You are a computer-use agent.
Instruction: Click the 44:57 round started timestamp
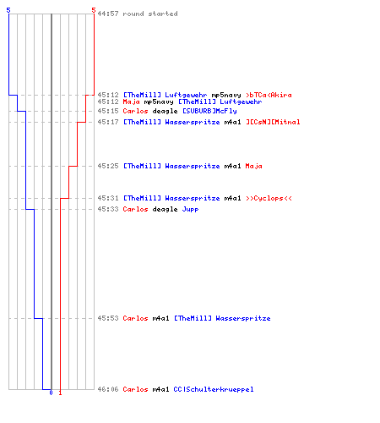pyautogui.click(x=108, y=14)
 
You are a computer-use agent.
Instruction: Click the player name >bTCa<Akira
pyautogui.click(x=269, y=95)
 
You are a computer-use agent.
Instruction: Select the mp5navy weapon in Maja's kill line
pyautogui.click(x=159, y=102)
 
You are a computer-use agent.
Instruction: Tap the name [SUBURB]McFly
pyautogui.click(x=209, y=111)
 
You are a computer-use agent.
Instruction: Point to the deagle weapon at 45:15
pyautogui.click(x=165, y=111)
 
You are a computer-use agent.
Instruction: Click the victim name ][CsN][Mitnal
pyautogui.click(x=273, y=122)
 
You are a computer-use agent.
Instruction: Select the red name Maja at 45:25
pyautogui.click(x=253, y=166)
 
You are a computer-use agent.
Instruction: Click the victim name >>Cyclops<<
pyautogui.click(x=269, y=198)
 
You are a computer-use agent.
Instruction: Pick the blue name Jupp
pyautogui.click(x=190, y=209)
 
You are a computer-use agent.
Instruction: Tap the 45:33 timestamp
pyautogui.click(x=108, y=209)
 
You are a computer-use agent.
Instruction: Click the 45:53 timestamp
pyautogui.click(x=108, y=318)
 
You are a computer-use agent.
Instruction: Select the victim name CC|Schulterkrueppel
pyautogui.click(x=214, y=389)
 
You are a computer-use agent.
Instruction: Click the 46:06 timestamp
pyautogui.click(x=108, y=389)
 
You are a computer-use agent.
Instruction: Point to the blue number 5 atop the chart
pyautogui.click(x=8, y=10)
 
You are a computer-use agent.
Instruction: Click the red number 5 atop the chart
pyautogui.click(x=94, y=10)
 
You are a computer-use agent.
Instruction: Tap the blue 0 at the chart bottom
pyautogui.click(x=51, y=393)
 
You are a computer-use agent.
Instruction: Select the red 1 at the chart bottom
pyautogui.click(x=60, y=393)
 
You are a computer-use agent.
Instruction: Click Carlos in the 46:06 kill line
pyautogui.click(x=135, y=389)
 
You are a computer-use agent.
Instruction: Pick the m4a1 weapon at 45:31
pyautogui.click(x=232, y=198)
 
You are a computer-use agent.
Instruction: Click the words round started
pyautogui.click(x=150, y=14)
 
